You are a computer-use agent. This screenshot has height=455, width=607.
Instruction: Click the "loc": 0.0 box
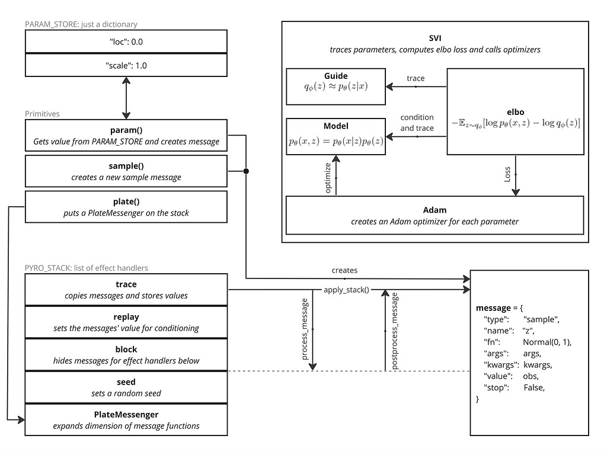[126, 41]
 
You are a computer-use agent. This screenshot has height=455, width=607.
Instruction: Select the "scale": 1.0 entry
[126, 65]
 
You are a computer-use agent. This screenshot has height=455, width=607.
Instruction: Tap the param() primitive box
[126, 135]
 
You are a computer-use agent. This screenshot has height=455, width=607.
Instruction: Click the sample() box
[126, 171]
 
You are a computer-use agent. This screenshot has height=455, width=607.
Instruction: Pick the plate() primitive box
[126, 206]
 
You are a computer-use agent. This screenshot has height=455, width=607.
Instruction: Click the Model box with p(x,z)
[336, 136]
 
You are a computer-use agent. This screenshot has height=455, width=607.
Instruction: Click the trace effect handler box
[126, 289]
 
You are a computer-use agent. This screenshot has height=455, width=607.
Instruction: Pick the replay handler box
[126, 322]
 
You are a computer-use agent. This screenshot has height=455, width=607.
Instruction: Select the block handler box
[126, 354]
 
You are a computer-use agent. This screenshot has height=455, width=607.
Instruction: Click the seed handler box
[126, 387]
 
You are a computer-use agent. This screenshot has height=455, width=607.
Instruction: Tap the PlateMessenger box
[126, 419]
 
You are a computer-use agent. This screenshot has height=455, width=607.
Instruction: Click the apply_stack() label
[346, 290]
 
